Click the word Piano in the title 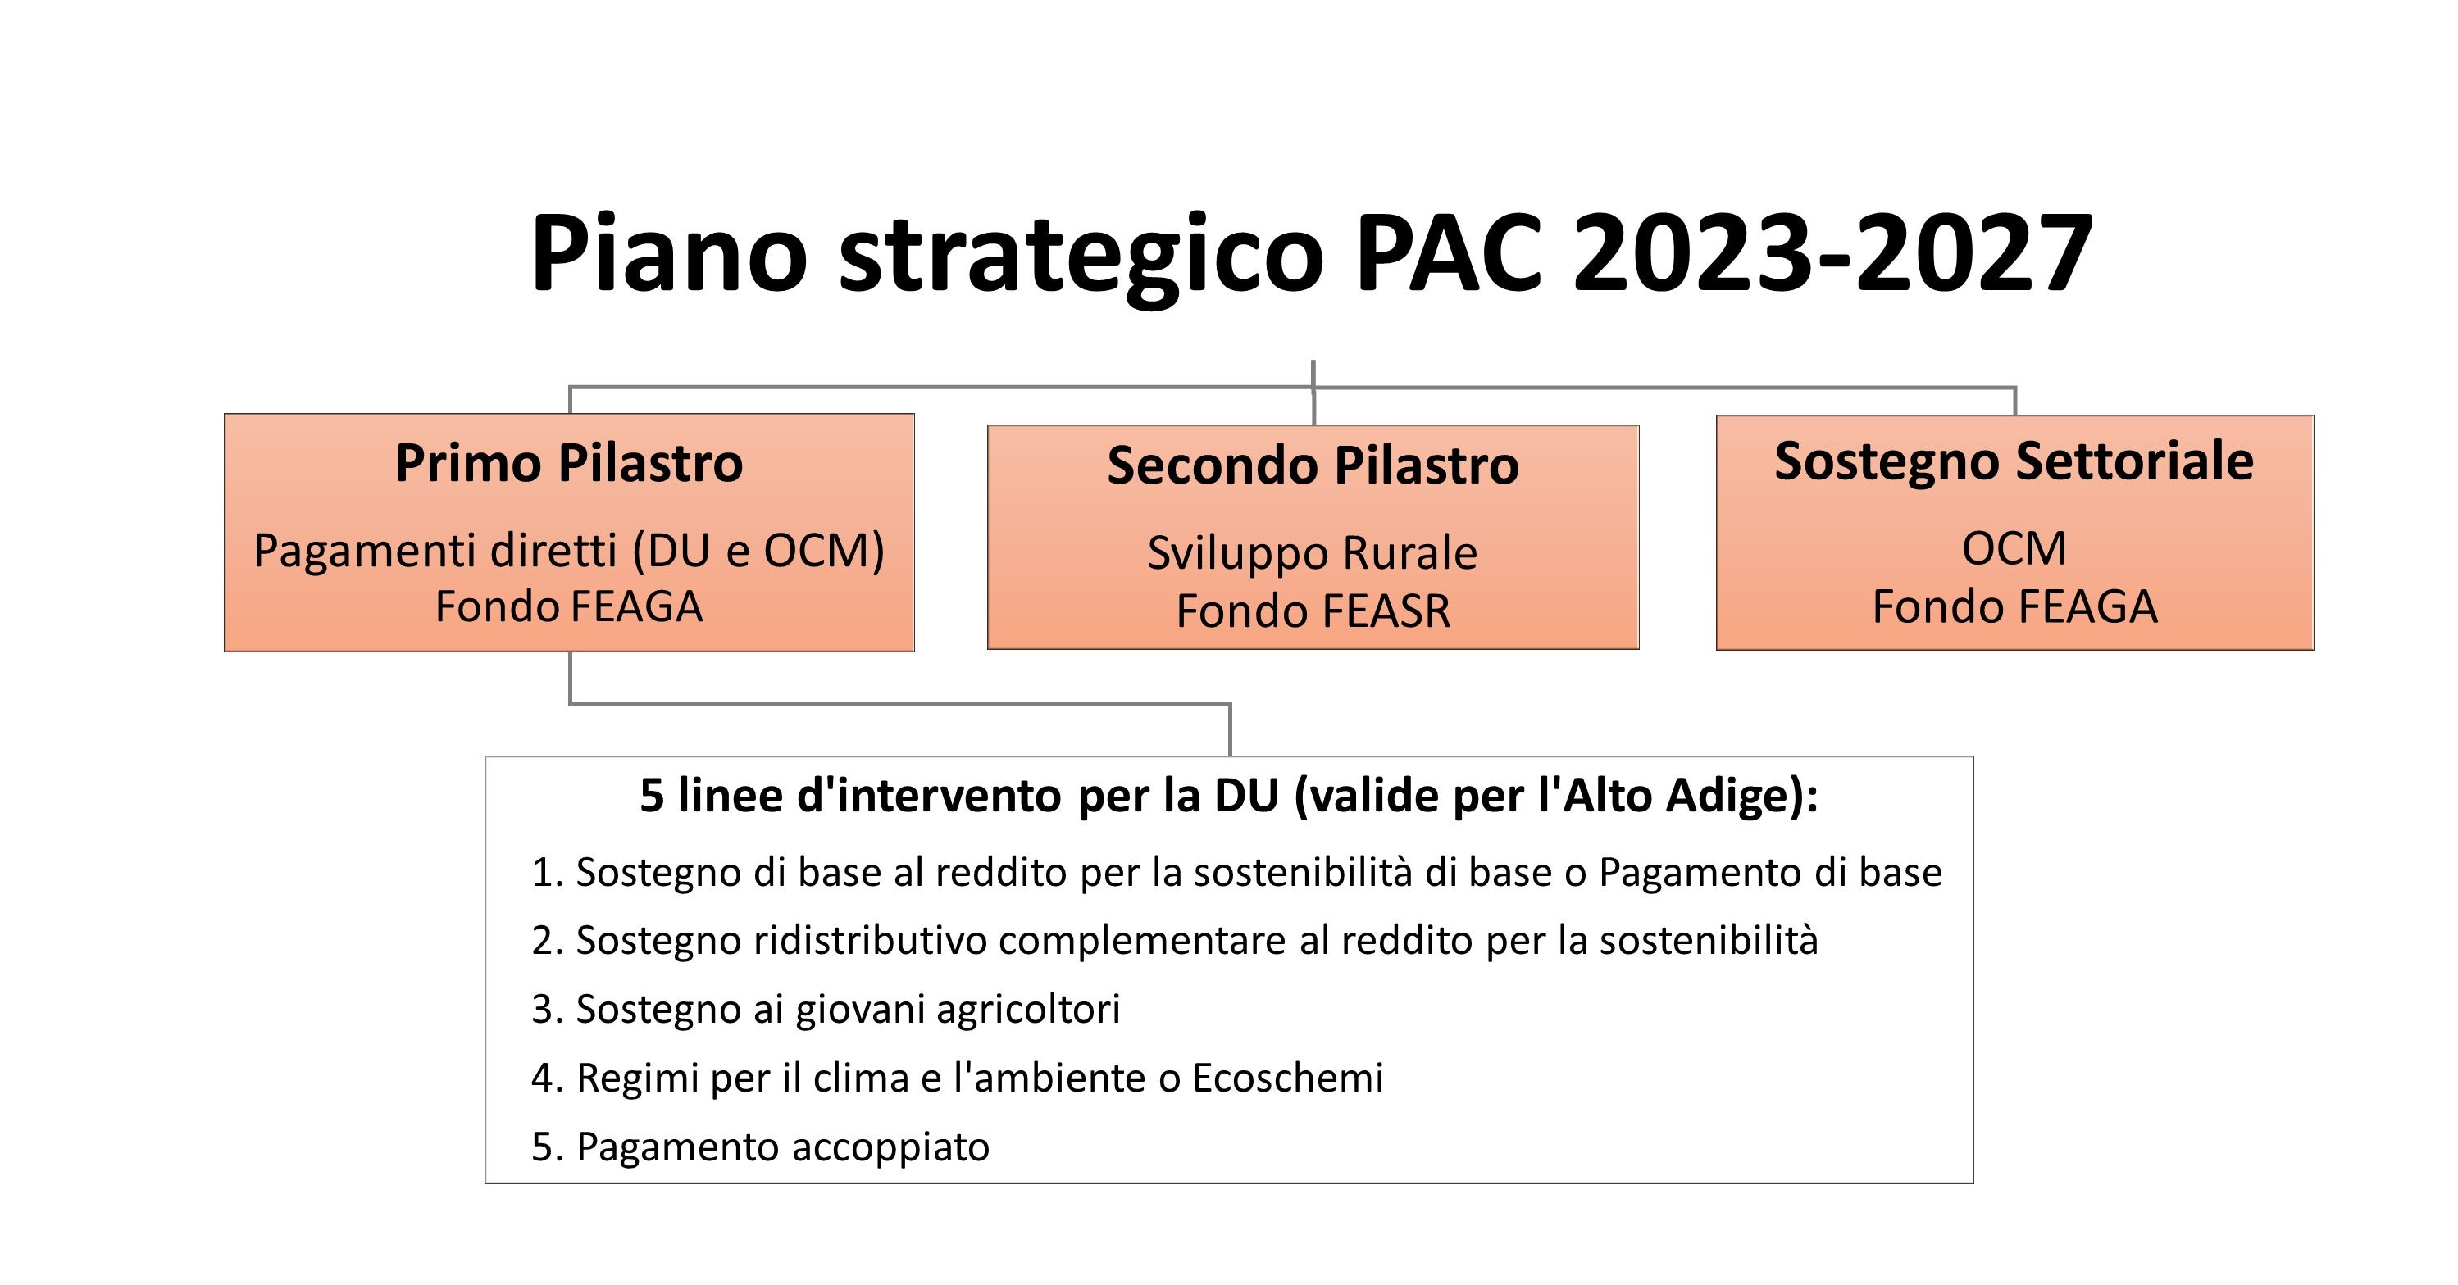tap(668, 252)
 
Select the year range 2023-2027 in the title tap(1832, 252)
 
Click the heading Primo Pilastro tap(569, 464)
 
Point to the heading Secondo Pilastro tap(1313, 465)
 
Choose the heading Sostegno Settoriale tap(2014, 461)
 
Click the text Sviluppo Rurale tap(1313, 552)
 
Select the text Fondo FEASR tap(1313, 611)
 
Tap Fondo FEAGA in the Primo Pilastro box tap(569, 606)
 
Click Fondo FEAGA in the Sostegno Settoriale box tap(2014, 606)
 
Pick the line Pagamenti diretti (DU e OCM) tap(569, 551)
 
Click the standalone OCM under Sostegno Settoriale tap(2014, 548)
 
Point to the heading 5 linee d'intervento tap(1229, 795)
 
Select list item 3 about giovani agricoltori tap(826, 1008)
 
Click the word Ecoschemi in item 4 tap(1287, 1077)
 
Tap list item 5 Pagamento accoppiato tap(761, 1146)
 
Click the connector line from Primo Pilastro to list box tap(897, 704)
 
